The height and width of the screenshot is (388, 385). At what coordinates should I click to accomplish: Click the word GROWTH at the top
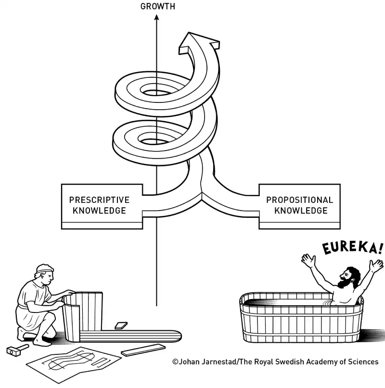coord(157,6)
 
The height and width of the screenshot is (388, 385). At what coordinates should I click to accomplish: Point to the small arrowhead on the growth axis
coord(156,18)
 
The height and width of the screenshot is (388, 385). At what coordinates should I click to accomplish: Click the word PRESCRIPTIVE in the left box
coord(99,200)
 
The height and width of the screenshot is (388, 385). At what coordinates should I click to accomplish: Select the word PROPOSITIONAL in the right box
coord(299,200)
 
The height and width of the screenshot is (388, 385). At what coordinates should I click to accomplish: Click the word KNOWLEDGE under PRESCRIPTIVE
coord(99,211)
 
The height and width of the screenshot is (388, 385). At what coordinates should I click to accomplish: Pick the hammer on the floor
coord(14,350)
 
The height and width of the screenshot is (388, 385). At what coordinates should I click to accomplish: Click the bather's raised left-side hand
coord(307,260)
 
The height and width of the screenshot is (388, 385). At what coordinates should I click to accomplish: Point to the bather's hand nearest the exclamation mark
coord(374,265)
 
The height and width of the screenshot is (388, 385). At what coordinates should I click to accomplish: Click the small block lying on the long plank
coord(121,325)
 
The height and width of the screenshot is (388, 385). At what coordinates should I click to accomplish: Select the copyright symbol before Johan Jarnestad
coord(175,362)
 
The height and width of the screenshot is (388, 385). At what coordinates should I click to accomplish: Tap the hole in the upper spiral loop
coord(155,91)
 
